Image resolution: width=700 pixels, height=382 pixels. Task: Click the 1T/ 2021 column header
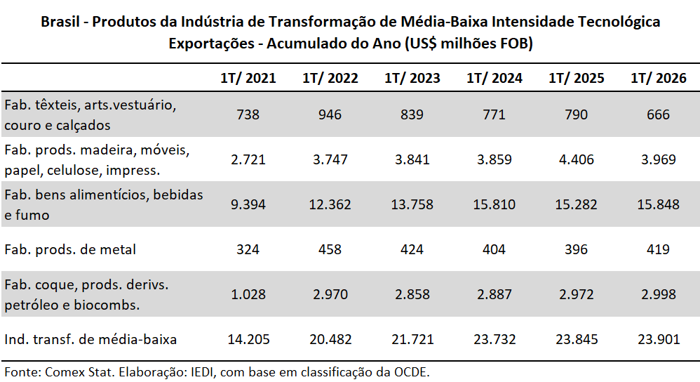[x=248, y=78]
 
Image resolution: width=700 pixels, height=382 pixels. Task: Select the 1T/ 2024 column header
[x=494, y=78]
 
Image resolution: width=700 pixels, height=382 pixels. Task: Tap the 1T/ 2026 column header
[x=658, y=78]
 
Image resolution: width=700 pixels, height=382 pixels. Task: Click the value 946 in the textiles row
[x=330, y=114]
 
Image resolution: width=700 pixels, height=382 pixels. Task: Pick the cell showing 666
[x=658, y=114]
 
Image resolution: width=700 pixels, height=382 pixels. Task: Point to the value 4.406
[x=577, y=159]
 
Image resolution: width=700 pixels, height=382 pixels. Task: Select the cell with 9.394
[x=248, y=204]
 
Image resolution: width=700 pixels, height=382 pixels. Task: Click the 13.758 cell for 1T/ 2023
[x=412, y=204]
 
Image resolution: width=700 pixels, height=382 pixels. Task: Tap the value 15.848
[x=658, y=204]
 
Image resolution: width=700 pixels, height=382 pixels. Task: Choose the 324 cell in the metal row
[x=248, y=249]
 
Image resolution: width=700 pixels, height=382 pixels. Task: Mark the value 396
[x=577, y=249]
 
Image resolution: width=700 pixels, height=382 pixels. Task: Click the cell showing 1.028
[x=248, y=294]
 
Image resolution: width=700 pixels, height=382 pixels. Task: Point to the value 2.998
[x=658, y=294]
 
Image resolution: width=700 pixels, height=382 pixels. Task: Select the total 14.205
[x=249, y=340]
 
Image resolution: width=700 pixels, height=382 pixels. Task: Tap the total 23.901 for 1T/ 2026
[x=659, y=340]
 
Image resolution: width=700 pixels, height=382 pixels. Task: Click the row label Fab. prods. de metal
[x=70, y=249]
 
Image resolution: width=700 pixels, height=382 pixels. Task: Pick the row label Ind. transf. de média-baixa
[x=90, y=340]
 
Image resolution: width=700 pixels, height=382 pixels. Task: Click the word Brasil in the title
[x=60, y=22]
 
